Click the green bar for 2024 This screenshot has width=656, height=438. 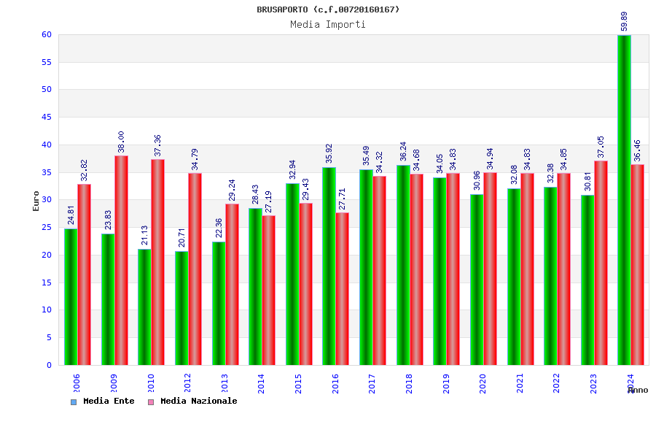coord(624,200)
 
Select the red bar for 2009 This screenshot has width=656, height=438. coord(121,261)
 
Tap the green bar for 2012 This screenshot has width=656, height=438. coord(181,308)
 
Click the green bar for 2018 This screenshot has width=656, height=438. coord(403,265)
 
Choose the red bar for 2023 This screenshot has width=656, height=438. coord(601,263)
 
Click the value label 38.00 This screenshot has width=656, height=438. coord(121,142)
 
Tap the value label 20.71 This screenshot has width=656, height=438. coord(181,237)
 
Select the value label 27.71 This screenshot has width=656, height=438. coord(342,199)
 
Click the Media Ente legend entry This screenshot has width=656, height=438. coord(103,401)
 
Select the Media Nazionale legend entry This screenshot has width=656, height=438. coord(193,401)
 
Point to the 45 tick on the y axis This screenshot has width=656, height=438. coord(46,117)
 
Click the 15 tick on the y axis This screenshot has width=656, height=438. coord(46,283)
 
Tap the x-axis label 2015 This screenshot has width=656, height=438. coord(299,384)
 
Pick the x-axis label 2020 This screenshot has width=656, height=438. coord(483,384)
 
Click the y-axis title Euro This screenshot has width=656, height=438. coord(36,201)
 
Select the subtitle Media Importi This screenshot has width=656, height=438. coord(328,25)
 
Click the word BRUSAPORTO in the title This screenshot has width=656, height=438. coord(283,9)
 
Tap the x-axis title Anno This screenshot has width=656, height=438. coord(638,391)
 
